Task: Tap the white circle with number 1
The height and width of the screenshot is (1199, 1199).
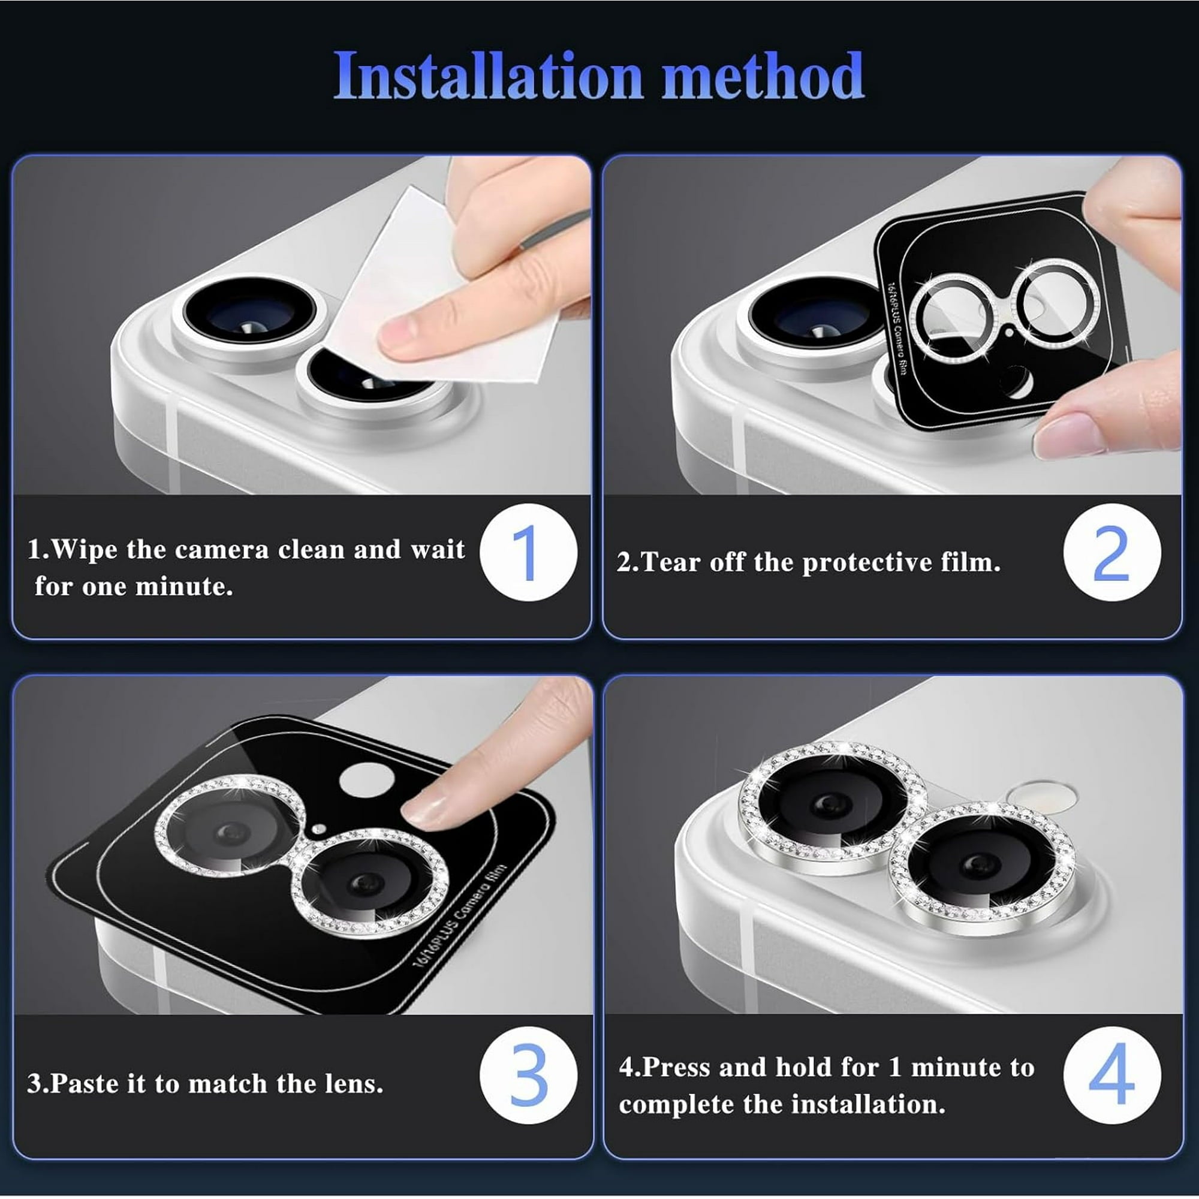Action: [528, 552]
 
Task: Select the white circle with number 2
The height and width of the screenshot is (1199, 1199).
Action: [1111, 552]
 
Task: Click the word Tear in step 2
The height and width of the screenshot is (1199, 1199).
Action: [671, 562]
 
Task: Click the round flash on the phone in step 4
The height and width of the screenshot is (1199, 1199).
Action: [1042, 796]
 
